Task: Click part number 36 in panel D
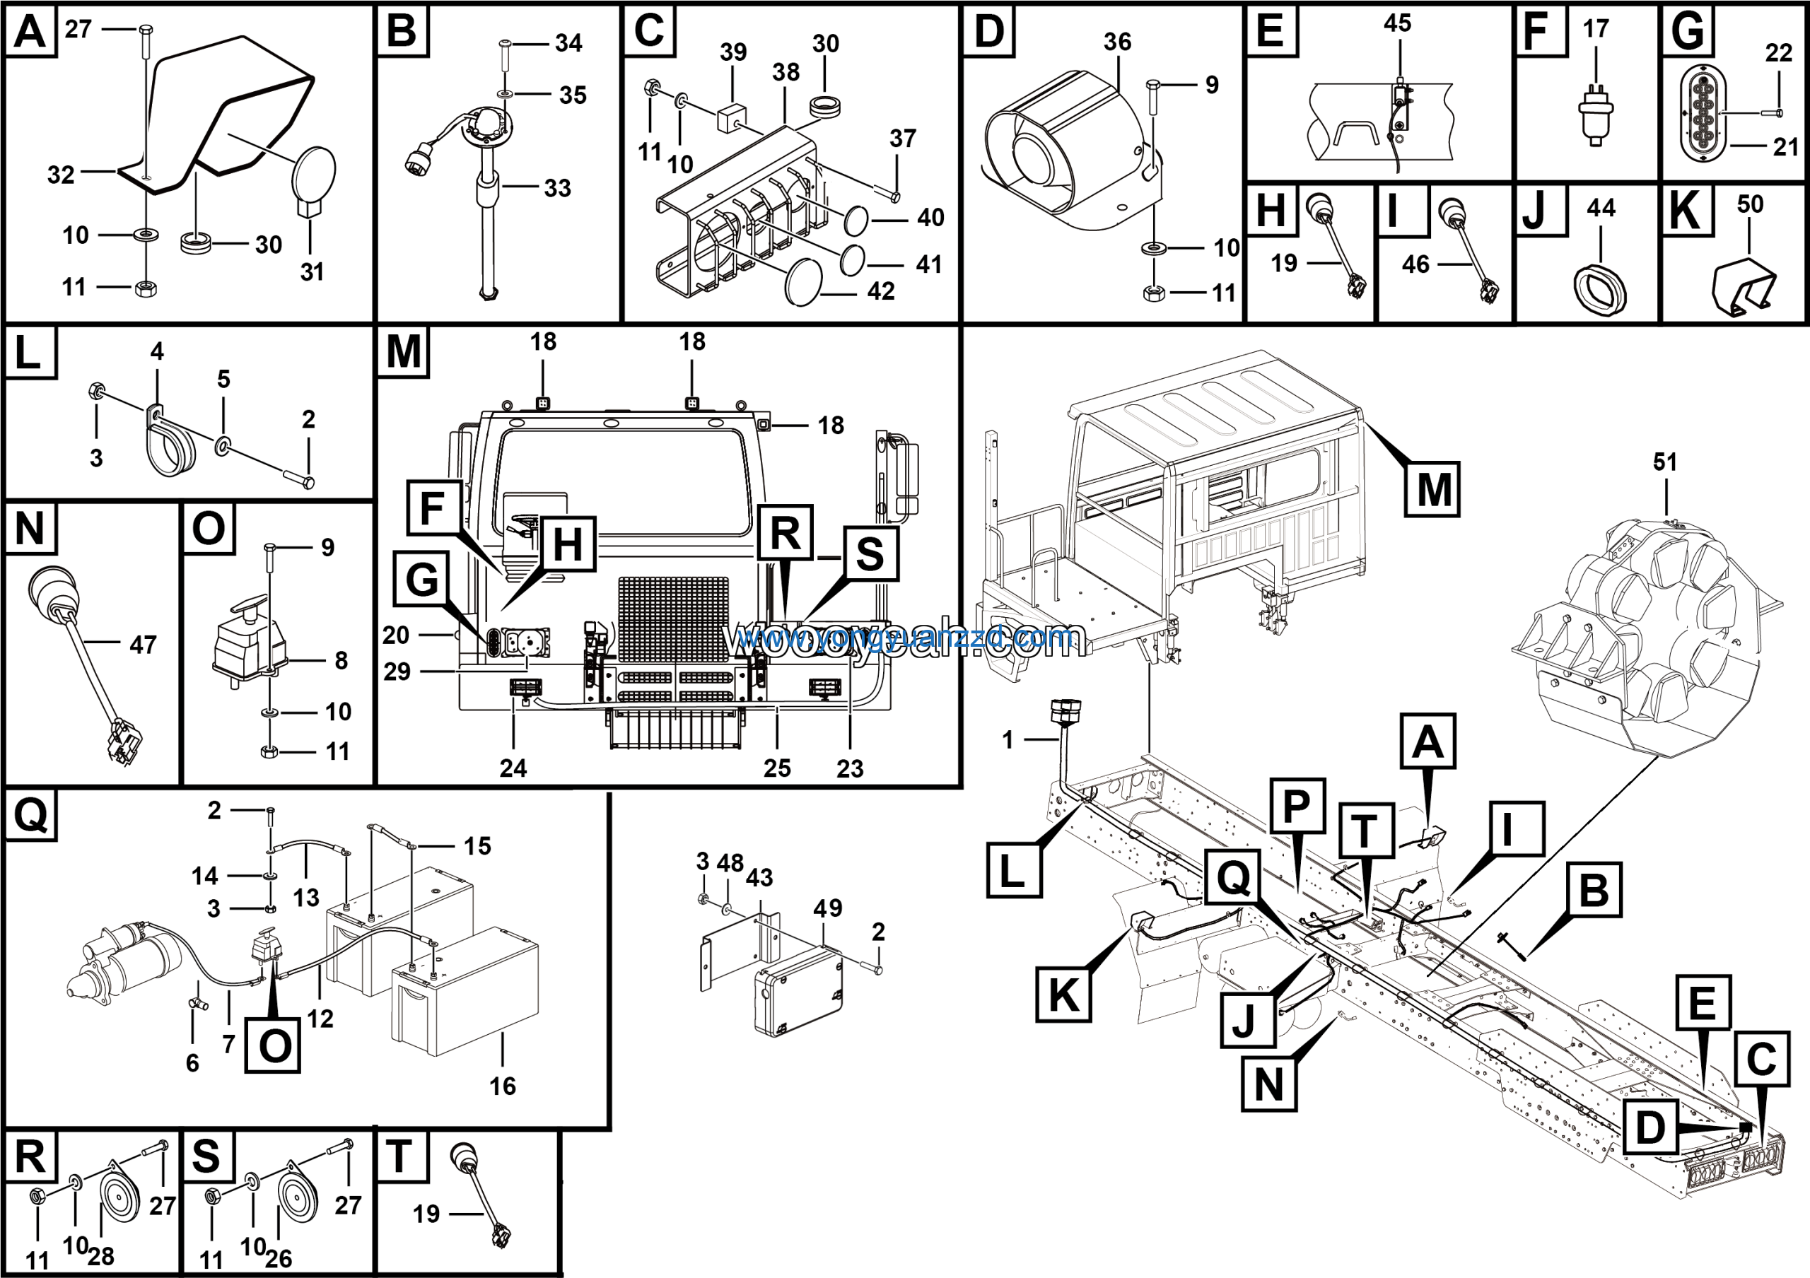tap(1117, 42)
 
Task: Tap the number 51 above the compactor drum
tap(1664, 462)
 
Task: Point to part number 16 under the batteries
tap(502, 1086)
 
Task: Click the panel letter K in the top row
tap(1686, 211)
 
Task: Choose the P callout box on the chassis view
tap(1297, 805)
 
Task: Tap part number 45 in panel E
tap(1397, 23)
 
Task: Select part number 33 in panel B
tap(557, 188)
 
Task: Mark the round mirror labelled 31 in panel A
tap(315, 173)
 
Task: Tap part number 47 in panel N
tap(143, 645)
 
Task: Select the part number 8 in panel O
tap(341, 660)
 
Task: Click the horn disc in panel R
tap(119, 1200)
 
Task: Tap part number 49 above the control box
tap(828, 908)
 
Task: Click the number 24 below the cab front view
tap(513, 768)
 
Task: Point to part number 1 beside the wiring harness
tap(1007, 739)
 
